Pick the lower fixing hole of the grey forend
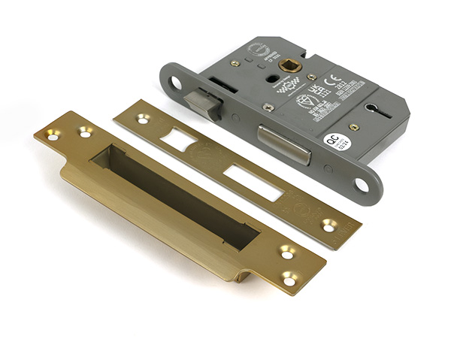(362, 185)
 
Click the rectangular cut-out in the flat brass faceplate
(253, 181)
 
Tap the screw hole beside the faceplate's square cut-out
(142, 118)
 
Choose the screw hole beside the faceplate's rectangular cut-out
(329, 224)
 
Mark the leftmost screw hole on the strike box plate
(53, 136)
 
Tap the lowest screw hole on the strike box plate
(289, 280)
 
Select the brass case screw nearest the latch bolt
(268, 107)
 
